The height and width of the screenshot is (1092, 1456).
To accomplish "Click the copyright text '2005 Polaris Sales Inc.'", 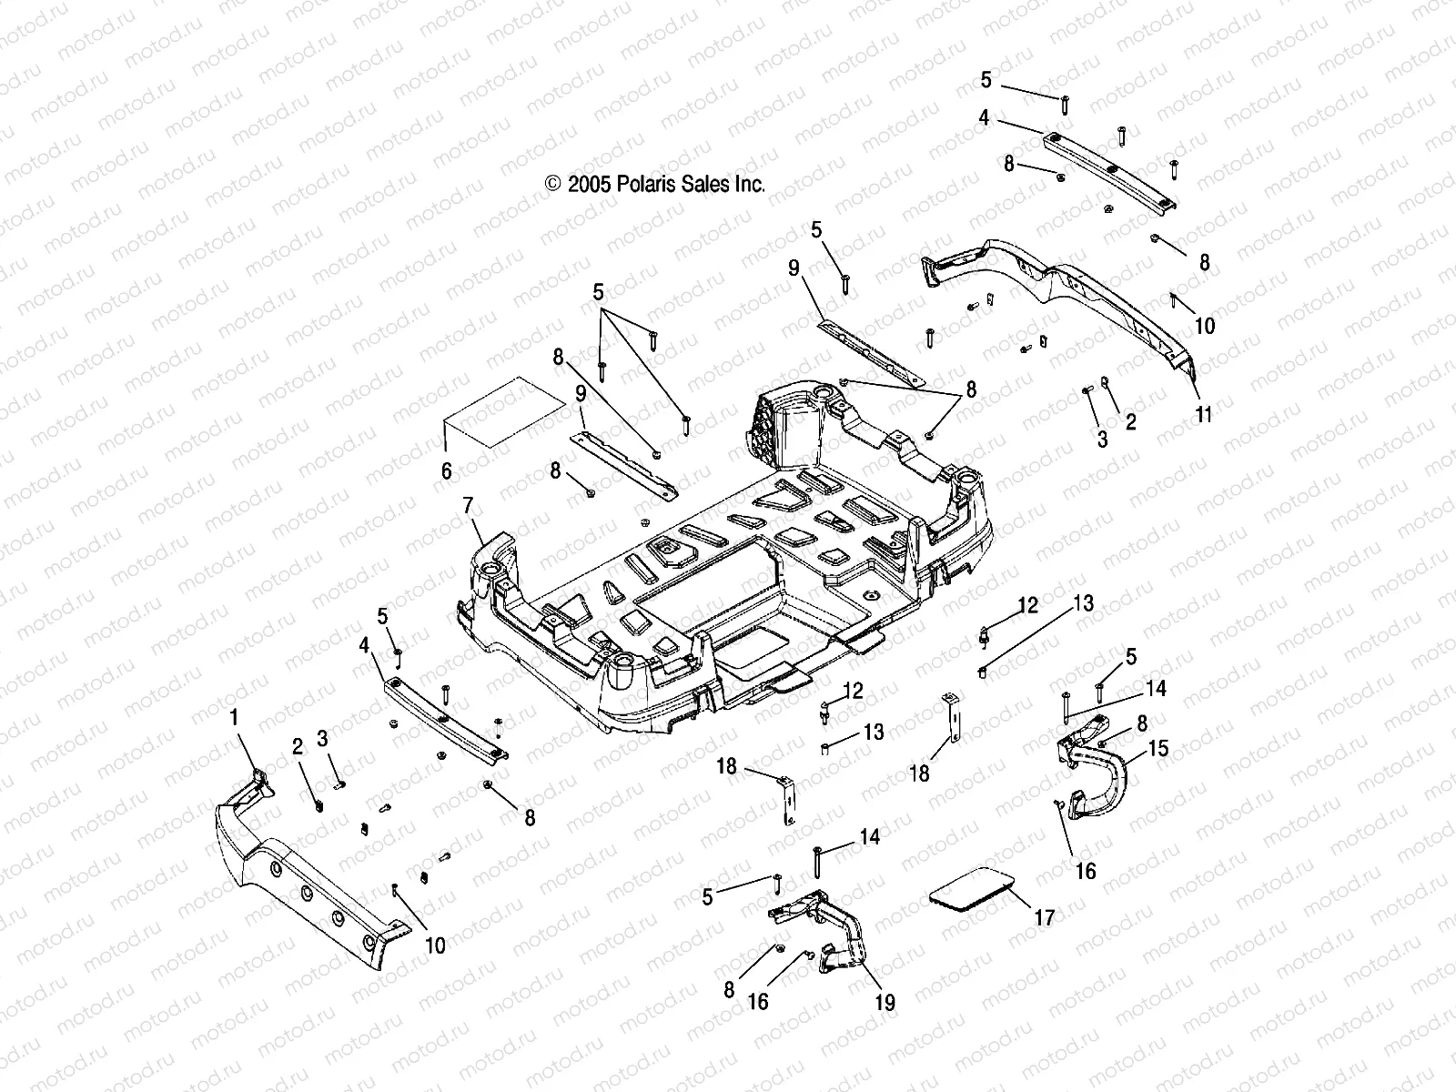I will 655,184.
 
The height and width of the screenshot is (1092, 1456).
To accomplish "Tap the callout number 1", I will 234,718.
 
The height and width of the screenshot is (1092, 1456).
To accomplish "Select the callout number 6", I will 446,471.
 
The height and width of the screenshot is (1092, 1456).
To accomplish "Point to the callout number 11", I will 1204,415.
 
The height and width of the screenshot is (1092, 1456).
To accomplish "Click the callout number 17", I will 1046,918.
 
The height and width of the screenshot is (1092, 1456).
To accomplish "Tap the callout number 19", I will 885,1003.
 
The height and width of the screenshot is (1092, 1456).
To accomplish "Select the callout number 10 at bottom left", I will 435,945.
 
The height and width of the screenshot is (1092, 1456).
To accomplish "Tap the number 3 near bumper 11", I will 1102,440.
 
